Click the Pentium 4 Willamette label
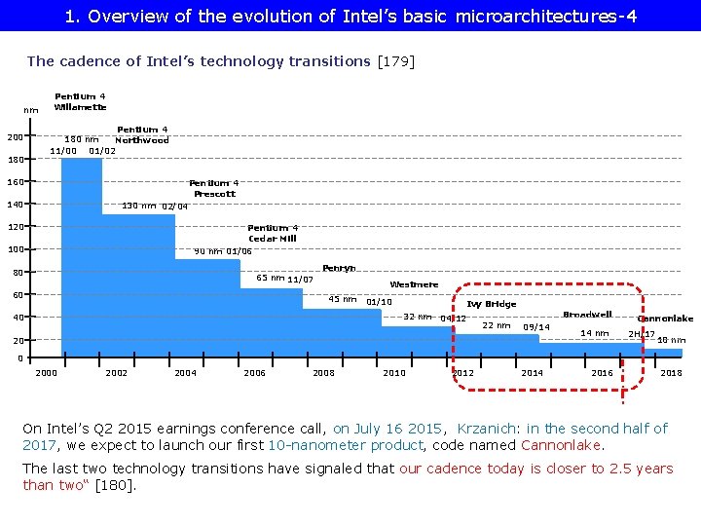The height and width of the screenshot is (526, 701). point(81,101)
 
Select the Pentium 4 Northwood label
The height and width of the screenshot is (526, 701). point(142,134)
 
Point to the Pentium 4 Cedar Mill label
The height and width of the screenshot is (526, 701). point(273,233)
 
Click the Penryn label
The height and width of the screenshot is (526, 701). point(339,268)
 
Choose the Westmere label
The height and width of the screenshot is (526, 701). point(414,284)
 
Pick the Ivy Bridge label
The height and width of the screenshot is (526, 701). point(492,304)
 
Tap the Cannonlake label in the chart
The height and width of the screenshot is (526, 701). point(665,319)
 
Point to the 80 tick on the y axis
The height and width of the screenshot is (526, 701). point(18,273)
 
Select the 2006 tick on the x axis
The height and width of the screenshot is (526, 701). point(254,373)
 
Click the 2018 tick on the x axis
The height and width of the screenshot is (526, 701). point(671,373)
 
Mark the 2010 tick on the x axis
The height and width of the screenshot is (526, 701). point(394,373)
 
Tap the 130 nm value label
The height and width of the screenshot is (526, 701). point(137,206)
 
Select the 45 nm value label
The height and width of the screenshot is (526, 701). point(343,299)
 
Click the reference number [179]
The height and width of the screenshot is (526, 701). point(396,61)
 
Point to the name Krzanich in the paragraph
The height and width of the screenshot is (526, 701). point(491,429)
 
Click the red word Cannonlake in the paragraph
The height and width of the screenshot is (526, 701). point(562,445)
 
